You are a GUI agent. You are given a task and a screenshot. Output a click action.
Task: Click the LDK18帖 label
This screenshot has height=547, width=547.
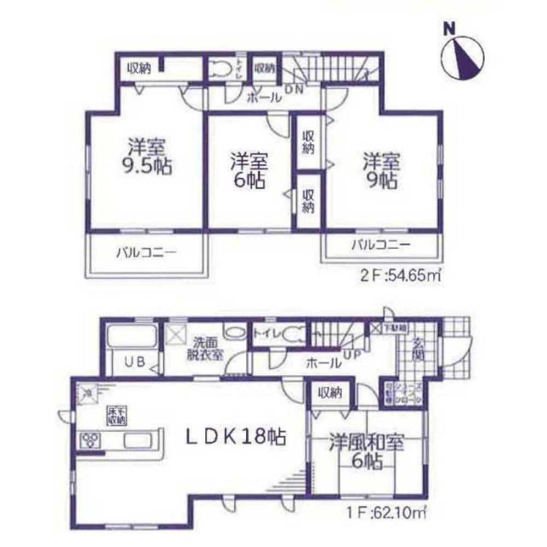236,436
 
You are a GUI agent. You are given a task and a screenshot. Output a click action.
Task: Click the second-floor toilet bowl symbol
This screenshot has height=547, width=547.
221,69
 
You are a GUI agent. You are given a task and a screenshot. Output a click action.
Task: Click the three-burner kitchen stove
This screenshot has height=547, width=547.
91,440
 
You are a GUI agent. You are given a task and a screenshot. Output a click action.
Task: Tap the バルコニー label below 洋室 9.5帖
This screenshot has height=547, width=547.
145,253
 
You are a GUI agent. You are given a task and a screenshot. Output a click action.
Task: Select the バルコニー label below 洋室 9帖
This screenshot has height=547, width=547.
381,246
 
